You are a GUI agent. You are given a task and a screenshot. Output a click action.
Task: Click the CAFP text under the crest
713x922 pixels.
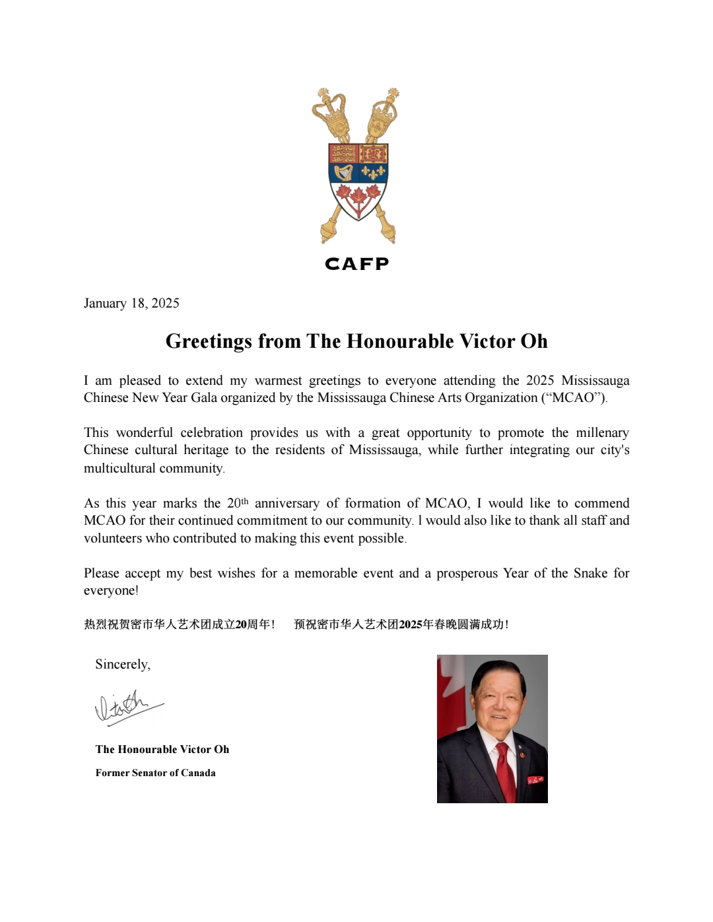point(356,264)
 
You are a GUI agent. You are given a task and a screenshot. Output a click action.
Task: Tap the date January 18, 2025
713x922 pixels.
point(131,303)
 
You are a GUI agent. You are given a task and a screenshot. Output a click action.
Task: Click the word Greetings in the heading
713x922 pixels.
point(209,341)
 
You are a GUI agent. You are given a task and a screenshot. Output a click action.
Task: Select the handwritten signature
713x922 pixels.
point(127,707)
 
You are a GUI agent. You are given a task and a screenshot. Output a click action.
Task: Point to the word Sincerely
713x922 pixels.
point(122,664)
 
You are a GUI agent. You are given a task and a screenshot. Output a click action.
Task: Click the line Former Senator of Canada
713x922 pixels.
point(155,773)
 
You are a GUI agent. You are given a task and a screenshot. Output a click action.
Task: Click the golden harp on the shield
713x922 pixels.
point(343,173)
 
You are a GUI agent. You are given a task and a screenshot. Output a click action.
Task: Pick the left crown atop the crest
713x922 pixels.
point(330,114)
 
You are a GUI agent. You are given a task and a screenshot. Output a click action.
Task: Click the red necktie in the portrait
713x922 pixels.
point(505,769)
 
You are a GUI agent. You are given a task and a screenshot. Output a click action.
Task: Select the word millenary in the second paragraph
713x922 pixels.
point(602,432)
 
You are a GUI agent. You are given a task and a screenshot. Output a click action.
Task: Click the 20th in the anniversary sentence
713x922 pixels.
point(237,503)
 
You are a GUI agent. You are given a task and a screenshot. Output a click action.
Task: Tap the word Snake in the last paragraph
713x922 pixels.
point(590,573)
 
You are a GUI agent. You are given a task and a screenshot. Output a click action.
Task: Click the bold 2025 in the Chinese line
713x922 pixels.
point(410,624)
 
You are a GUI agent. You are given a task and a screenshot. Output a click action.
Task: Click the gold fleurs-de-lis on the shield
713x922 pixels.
point(373,173)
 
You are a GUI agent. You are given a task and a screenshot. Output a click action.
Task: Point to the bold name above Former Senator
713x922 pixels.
point(162,749)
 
